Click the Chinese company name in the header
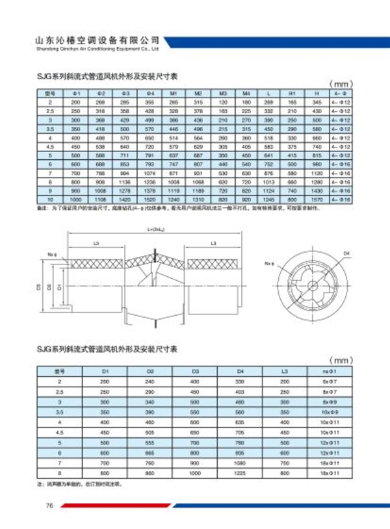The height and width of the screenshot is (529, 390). [96, 40]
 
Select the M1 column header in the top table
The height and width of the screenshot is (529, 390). [173, 94]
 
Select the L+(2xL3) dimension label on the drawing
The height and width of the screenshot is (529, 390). [155, 229]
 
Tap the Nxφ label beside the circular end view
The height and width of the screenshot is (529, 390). [268, 264]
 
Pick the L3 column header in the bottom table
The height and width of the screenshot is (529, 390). [284, 370]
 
